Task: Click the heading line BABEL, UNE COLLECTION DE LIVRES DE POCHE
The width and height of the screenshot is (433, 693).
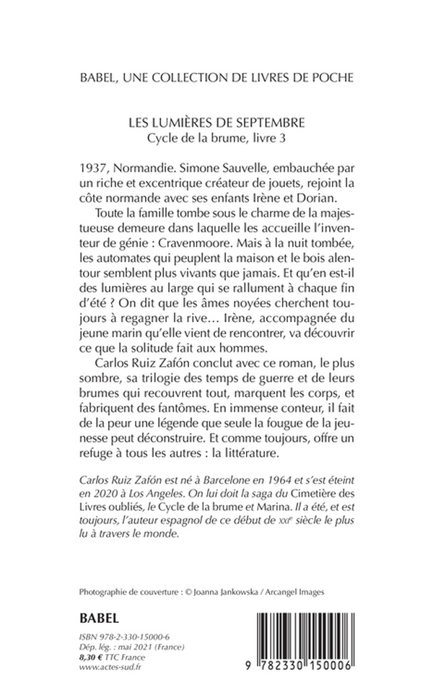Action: click(216, 77)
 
